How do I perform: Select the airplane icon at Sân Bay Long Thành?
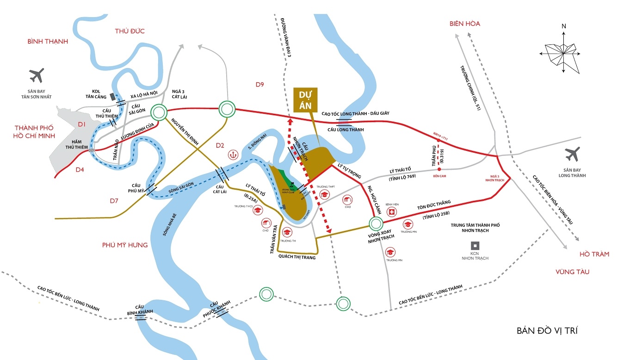point(572,154)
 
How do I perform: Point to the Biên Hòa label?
point(465,24)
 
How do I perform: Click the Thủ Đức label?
point(130,31)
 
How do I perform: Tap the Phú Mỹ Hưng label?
point(125,245)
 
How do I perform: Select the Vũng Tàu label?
point(573,272)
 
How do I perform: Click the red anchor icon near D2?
point(234,155)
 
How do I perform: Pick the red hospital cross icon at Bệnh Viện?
point(392,212)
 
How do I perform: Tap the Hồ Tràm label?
point(594,254)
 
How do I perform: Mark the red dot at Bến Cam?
point(439,169)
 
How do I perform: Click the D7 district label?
point(115,200)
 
